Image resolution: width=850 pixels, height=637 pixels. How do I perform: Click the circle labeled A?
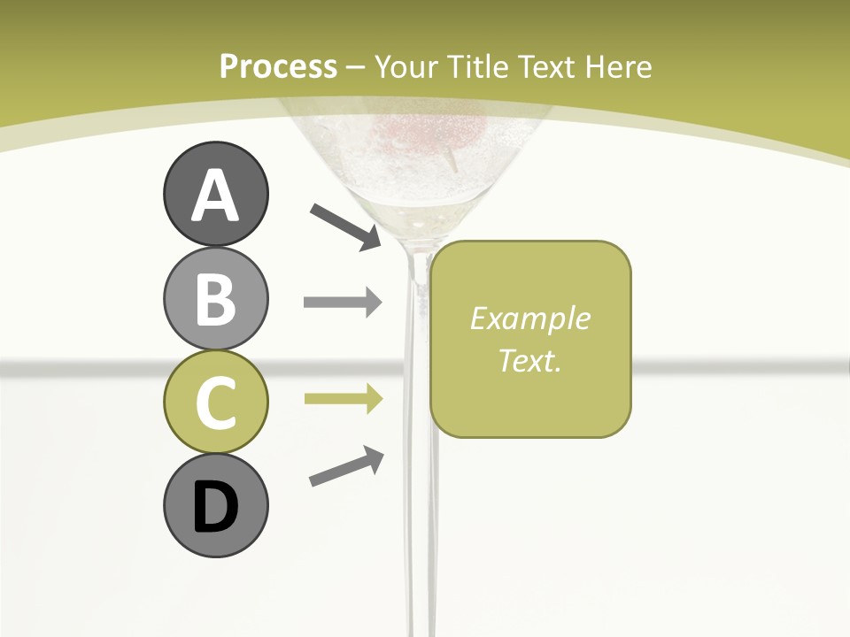pyautogui.click(x=215, y=194)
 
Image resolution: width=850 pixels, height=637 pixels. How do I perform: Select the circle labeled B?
pyautogui.click(x=215, y=298)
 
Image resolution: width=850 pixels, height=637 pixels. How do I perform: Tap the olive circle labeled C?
pyautogui.click(x=215, y=402)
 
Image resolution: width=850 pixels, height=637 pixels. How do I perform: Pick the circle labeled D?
pyautogui.click(x=215, y=505)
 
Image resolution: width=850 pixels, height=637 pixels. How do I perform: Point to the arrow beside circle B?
pyautogui.click(x=343, y=302)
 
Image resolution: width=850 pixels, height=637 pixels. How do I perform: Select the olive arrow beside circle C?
pyautogui.click(x=343, y=399)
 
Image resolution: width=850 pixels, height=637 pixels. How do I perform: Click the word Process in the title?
pyautogui.click(x=278, y=67)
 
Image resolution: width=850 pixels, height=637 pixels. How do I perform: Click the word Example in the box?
pyautogui.click(x=529, y=318)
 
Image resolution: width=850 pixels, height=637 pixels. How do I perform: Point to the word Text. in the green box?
pyautogui.click(x=529, y=360)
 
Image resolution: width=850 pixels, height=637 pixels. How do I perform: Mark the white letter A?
pyautogui.click(x=215, y=196)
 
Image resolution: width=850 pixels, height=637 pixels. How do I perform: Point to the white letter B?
pyautogui.click(x=215, y=299)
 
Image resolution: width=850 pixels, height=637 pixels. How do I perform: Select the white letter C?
pyautogui.click(x=215, y=403)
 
